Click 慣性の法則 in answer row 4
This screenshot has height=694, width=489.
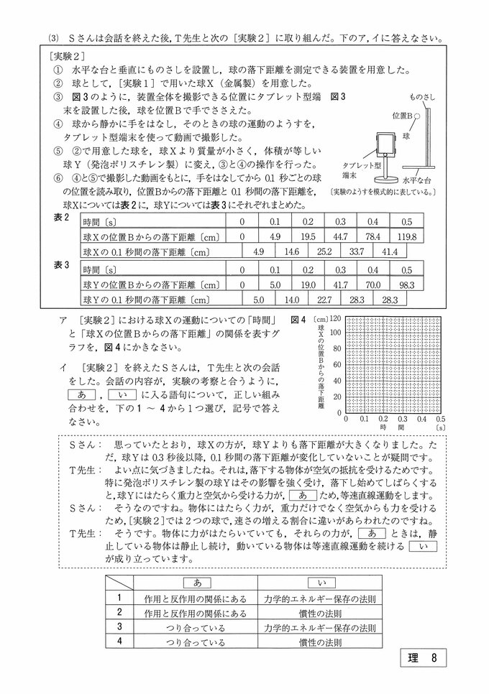click(311, 642)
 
